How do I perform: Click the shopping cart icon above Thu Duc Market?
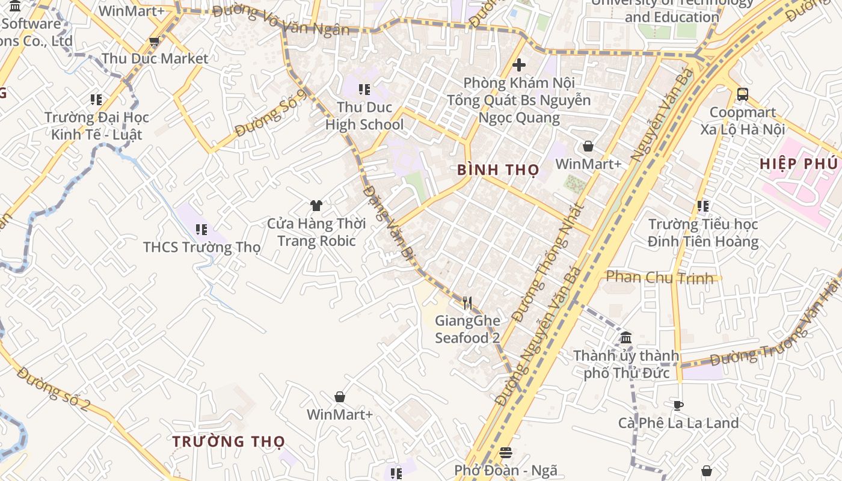point(154,41)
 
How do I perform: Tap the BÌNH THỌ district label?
point(498,170)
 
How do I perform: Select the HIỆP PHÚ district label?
point(798,164)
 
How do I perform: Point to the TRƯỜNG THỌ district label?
point(229,442)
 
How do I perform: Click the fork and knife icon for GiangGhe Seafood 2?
point(467,302)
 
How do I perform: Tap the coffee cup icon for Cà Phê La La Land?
point(678,405)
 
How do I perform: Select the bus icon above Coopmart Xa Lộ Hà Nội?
point(743,94)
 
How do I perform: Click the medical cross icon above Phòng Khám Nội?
point(519,64)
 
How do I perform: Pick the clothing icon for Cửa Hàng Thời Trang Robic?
point(316,206)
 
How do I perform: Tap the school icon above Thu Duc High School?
point(364,90)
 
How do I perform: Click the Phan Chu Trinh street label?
point(660,277)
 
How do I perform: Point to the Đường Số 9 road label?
point(271,113)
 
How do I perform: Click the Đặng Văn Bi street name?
point(390,223)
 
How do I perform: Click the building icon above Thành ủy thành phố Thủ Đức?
point(626,337)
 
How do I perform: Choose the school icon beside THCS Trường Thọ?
point(201,229)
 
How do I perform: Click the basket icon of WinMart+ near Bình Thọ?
point(588,146)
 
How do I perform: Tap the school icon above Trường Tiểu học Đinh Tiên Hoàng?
point(702,206)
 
